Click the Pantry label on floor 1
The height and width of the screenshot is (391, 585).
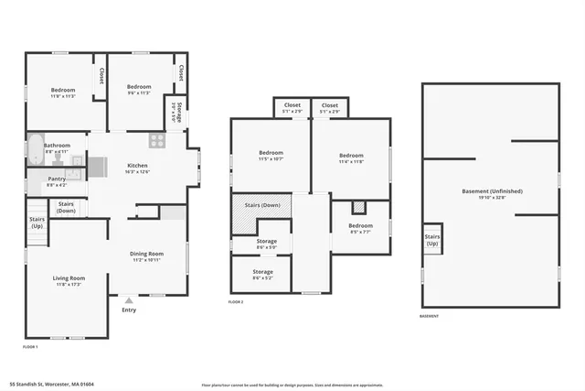click(x=57, y=179)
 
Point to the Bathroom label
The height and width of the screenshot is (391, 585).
click(x=57, y=145)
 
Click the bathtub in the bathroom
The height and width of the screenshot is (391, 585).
click(x=34, y=150)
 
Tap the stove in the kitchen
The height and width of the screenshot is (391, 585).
click(x=157, y=141)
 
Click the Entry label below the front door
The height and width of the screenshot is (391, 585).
click(x=129, y=310)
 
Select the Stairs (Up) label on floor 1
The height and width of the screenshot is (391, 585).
click(x=37, y=223)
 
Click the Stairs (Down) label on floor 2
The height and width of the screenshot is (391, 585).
click(x=261, y=205)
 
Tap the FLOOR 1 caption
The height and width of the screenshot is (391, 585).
click(x=30, y=347)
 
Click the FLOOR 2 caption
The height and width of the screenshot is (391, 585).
click(x=236, y=302)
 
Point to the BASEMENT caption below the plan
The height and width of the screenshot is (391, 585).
click(x=430, y=316)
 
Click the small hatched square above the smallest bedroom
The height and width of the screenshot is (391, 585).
click(x=359, y=207)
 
